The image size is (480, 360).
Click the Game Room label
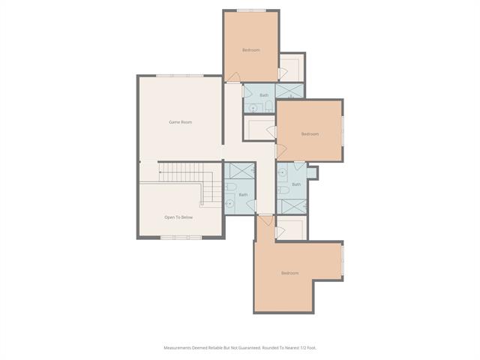click(180, 122)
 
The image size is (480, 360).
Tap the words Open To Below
click(178, 217)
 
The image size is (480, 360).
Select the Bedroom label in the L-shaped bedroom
click(290, 273)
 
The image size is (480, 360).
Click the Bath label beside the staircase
click(243, 195)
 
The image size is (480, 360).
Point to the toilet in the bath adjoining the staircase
click(231, 187)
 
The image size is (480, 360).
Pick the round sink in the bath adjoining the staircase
click(229, 203)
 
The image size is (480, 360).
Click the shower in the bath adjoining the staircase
click(242, 171)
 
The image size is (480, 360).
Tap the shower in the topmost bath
click(289, 91)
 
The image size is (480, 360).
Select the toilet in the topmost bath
click(268, 106)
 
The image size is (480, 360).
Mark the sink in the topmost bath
click(253, 108)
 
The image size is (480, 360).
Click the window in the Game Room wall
click(180, 76)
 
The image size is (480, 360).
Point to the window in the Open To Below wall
click(181, 238)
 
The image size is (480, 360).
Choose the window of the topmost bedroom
click(251, 10)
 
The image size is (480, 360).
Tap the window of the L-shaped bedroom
click(343, 260)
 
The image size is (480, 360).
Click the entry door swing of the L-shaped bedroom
click(266, 220)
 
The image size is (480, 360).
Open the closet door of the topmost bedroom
click(283, 73)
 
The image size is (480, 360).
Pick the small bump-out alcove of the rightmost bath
click(312, 172)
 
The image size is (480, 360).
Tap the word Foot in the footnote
click(312, 348)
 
